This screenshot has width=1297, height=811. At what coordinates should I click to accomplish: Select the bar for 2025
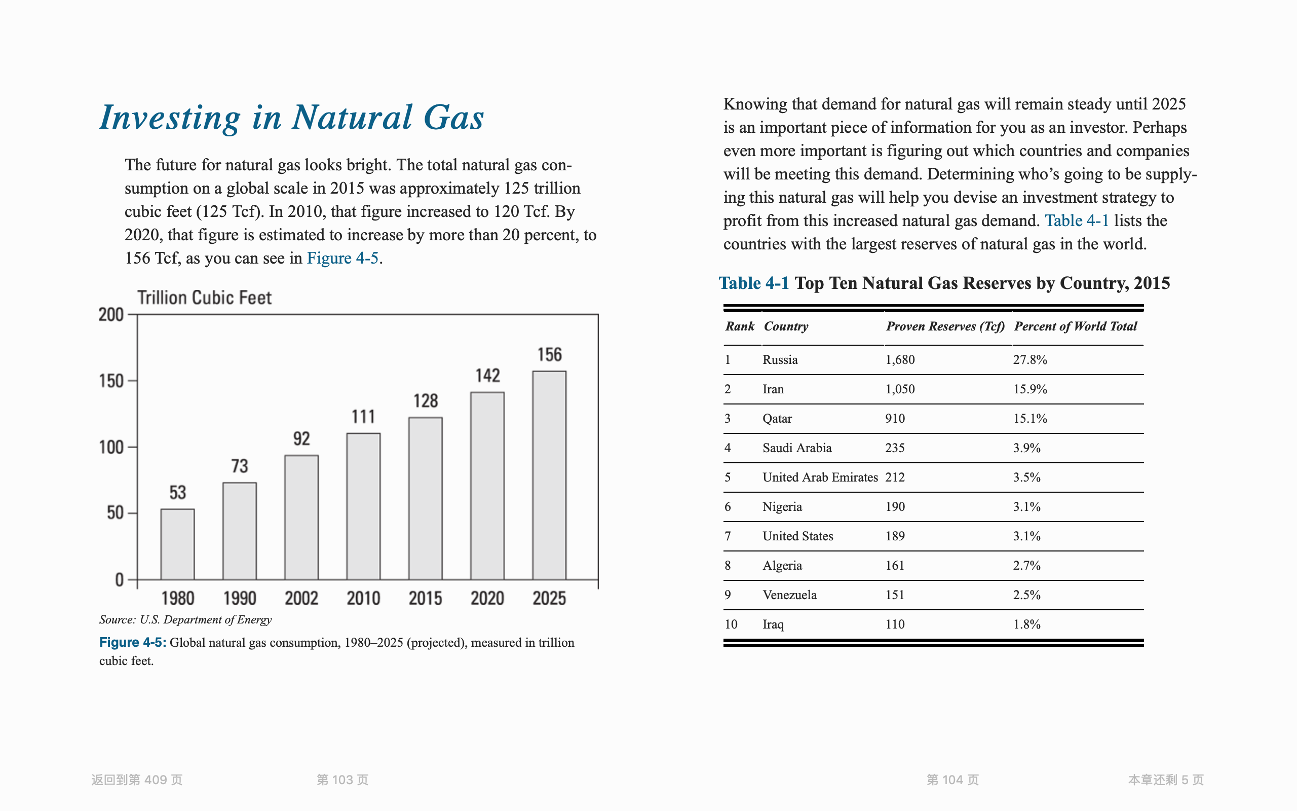pos(549,475)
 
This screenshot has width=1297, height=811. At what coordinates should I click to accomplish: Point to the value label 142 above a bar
pos(487,376)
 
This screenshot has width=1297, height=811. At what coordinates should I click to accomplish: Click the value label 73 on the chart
pos(240,466)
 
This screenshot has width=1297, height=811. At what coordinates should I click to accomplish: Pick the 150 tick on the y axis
pos(111,381)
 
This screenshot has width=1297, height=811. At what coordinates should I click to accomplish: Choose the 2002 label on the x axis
pos(301,598)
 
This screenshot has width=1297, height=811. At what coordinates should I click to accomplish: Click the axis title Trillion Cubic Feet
pos(204,298)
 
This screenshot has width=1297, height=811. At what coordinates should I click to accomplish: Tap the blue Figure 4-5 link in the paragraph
pos(343,259)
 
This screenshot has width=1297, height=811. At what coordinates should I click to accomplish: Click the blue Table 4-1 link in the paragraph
pos(1076,221)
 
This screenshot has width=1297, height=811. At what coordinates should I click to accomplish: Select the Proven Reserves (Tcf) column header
pos(945,326)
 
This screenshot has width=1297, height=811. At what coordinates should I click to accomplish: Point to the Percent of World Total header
pos(1075,326)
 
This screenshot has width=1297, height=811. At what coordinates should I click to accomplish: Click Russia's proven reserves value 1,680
pos(900,360)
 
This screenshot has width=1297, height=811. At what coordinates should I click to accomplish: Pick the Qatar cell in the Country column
pos(777,419)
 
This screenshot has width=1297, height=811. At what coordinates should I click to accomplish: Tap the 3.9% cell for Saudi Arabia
pos(1026,449)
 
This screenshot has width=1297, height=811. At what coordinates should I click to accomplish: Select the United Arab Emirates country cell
pos(819,477)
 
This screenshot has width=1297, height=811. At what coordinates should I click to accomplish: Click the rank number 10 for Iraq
pos(731,624)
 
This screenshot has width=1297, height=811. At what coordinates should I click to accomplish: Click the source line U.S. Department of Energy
pos(185,620)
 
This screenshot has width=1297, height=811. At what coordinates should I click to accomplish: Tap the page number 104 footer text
pos(952,780)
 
